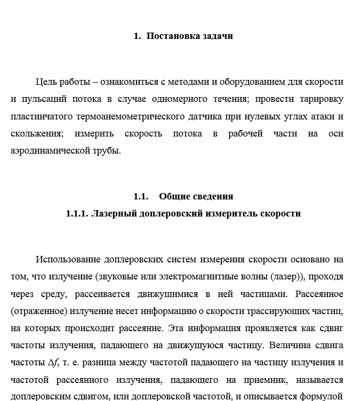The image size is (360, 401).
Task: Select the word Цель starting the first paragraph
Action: coord(46,82)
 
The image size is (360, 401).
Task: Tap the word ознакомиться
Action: coord(130,82)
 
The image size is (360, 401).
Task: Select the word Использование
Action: coord(68,259)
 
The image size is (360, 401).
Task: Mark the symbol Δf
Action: coord(52,363)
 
